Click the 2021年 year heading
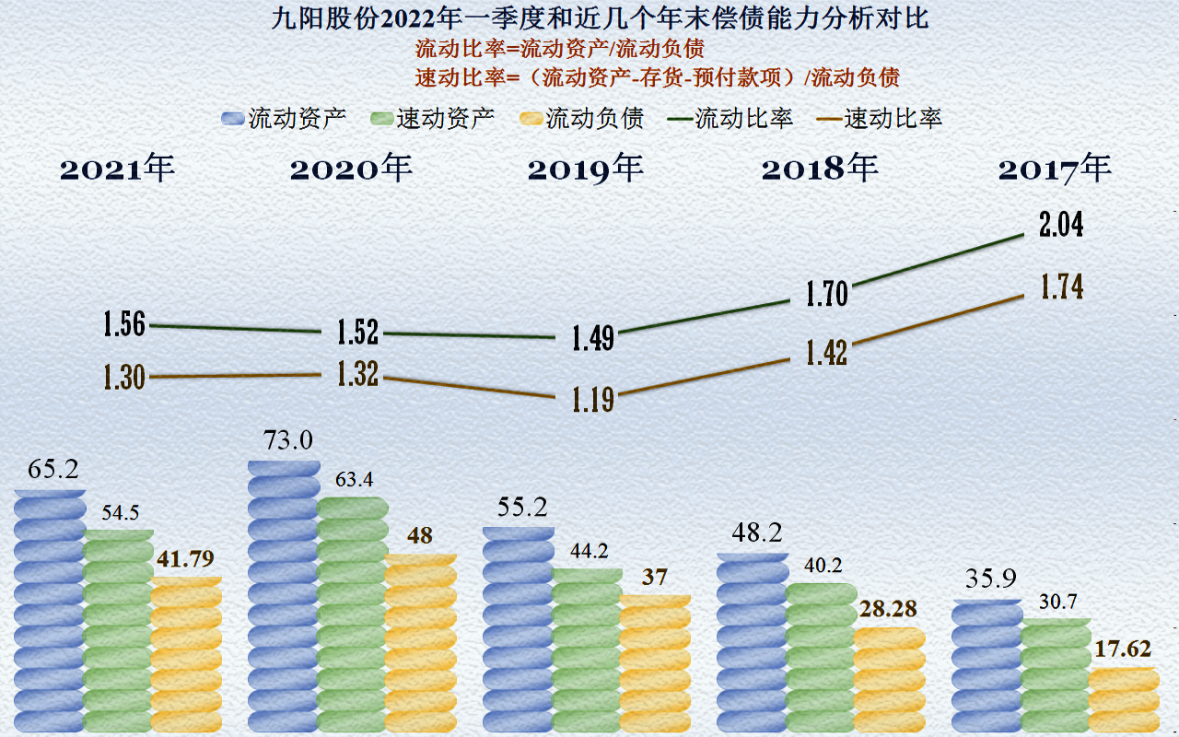[117, 170]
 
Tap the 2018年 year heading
[820, 170]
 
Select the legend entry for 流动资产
[285, 119]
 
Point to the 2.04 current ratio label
[1061, 226]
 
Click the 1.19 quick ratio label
[592, 401]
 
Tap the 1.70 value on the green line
[826, 294]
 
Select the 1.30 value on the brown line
[124, 377]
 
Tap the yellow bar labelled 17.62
[1124, 700]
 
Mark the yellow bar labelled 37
[655, 663]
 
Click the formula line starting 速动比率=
[657, 76]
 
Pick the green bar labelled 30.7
[1056, 677]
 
